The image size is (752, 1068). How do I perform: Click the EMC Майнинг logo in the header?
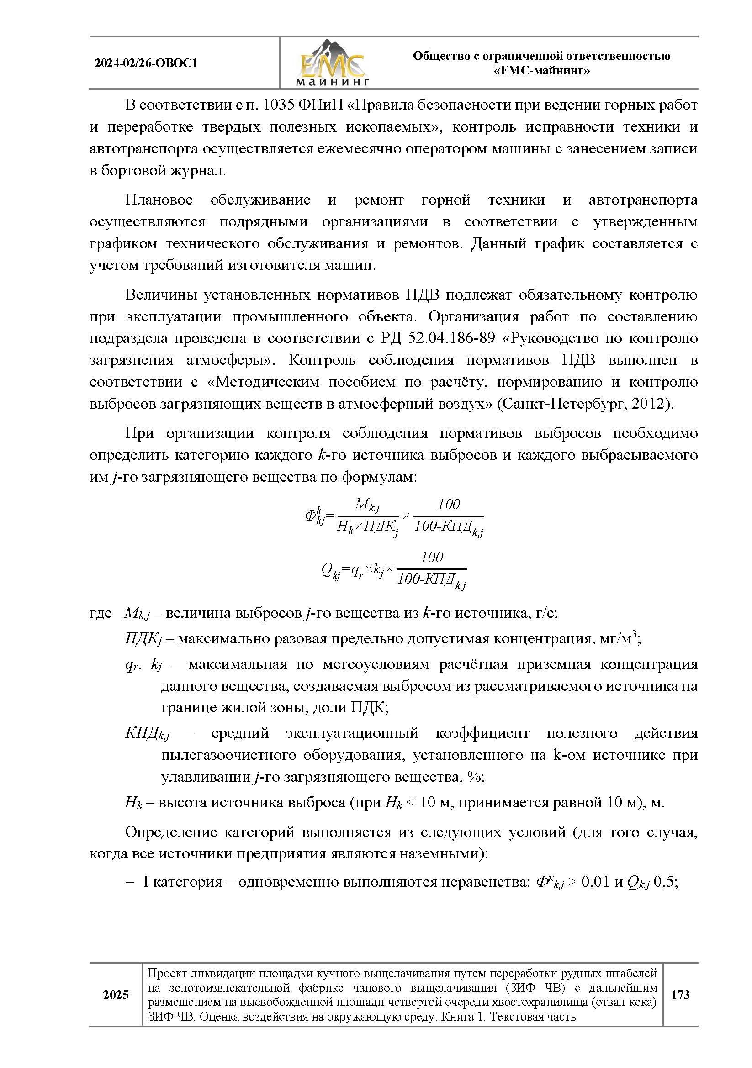click(x=332, y=63)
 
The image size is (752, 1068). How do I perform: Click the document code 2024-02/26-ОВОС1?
click(x=146, y=63)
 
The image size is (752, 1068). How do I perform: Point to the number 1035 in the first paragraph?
click(x=278, y=105)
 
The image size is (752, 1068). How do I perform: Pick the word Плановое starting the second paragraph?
click(x=159, y=200)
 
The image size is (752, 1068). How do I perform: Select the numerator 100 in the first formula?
click(x=448, y=504)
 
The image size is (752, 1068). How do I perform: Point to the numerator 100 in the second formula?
click(x=432, y=557)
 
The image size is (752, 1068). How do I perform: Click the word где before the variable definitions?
click(x=101, y=614)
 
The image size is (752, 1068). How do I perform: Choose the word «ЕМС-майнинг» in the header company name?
click(x=541, y=71)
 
